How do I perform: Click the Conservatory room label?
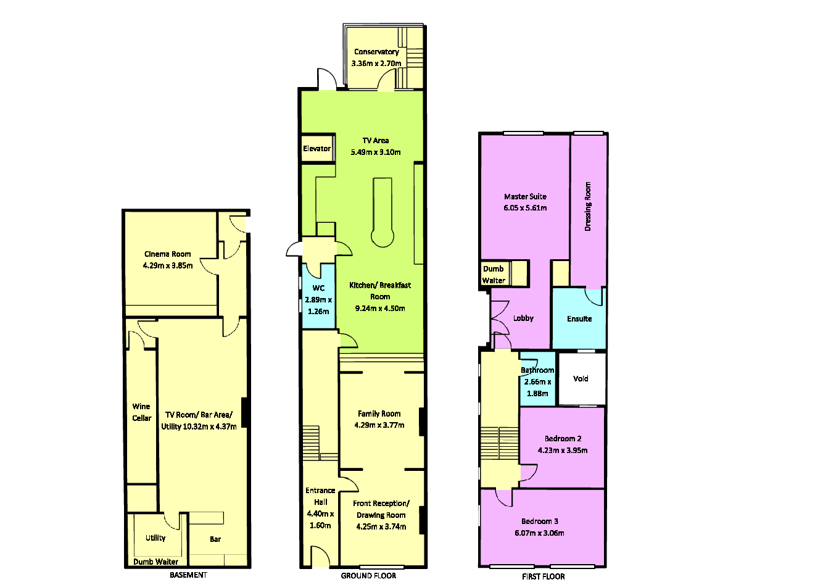[376, 52]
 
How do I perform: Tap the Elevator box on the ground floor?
[316, 149]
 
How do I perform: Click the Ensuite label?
[579, 318]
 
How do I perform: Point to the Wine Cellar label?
[141, 412]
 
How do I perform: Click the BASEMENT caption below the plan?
[189, 575]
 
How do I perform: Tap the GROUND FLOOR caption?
[368, 575]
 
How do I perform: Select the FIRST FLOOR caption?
[544, 576]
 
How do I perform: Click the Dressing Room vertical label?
[588, 206]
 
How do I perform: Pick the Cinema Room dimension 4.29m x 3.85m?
[168, 265]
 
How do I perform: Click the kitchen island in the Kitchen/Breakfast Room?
[383, 212]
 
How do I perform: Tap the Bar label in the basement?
[215, 539]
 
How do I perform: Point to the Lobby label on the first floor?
[523, 318]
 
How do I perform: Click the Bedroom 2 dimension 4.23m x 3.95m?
[563, 450]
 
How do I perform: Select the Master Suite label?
[525, 196]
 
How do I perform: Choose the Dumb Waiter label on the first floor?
[494, 274]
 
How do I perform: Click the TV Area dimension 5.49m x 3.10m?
[376, 152]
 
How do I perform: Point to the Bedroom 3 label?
[540, 521]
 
